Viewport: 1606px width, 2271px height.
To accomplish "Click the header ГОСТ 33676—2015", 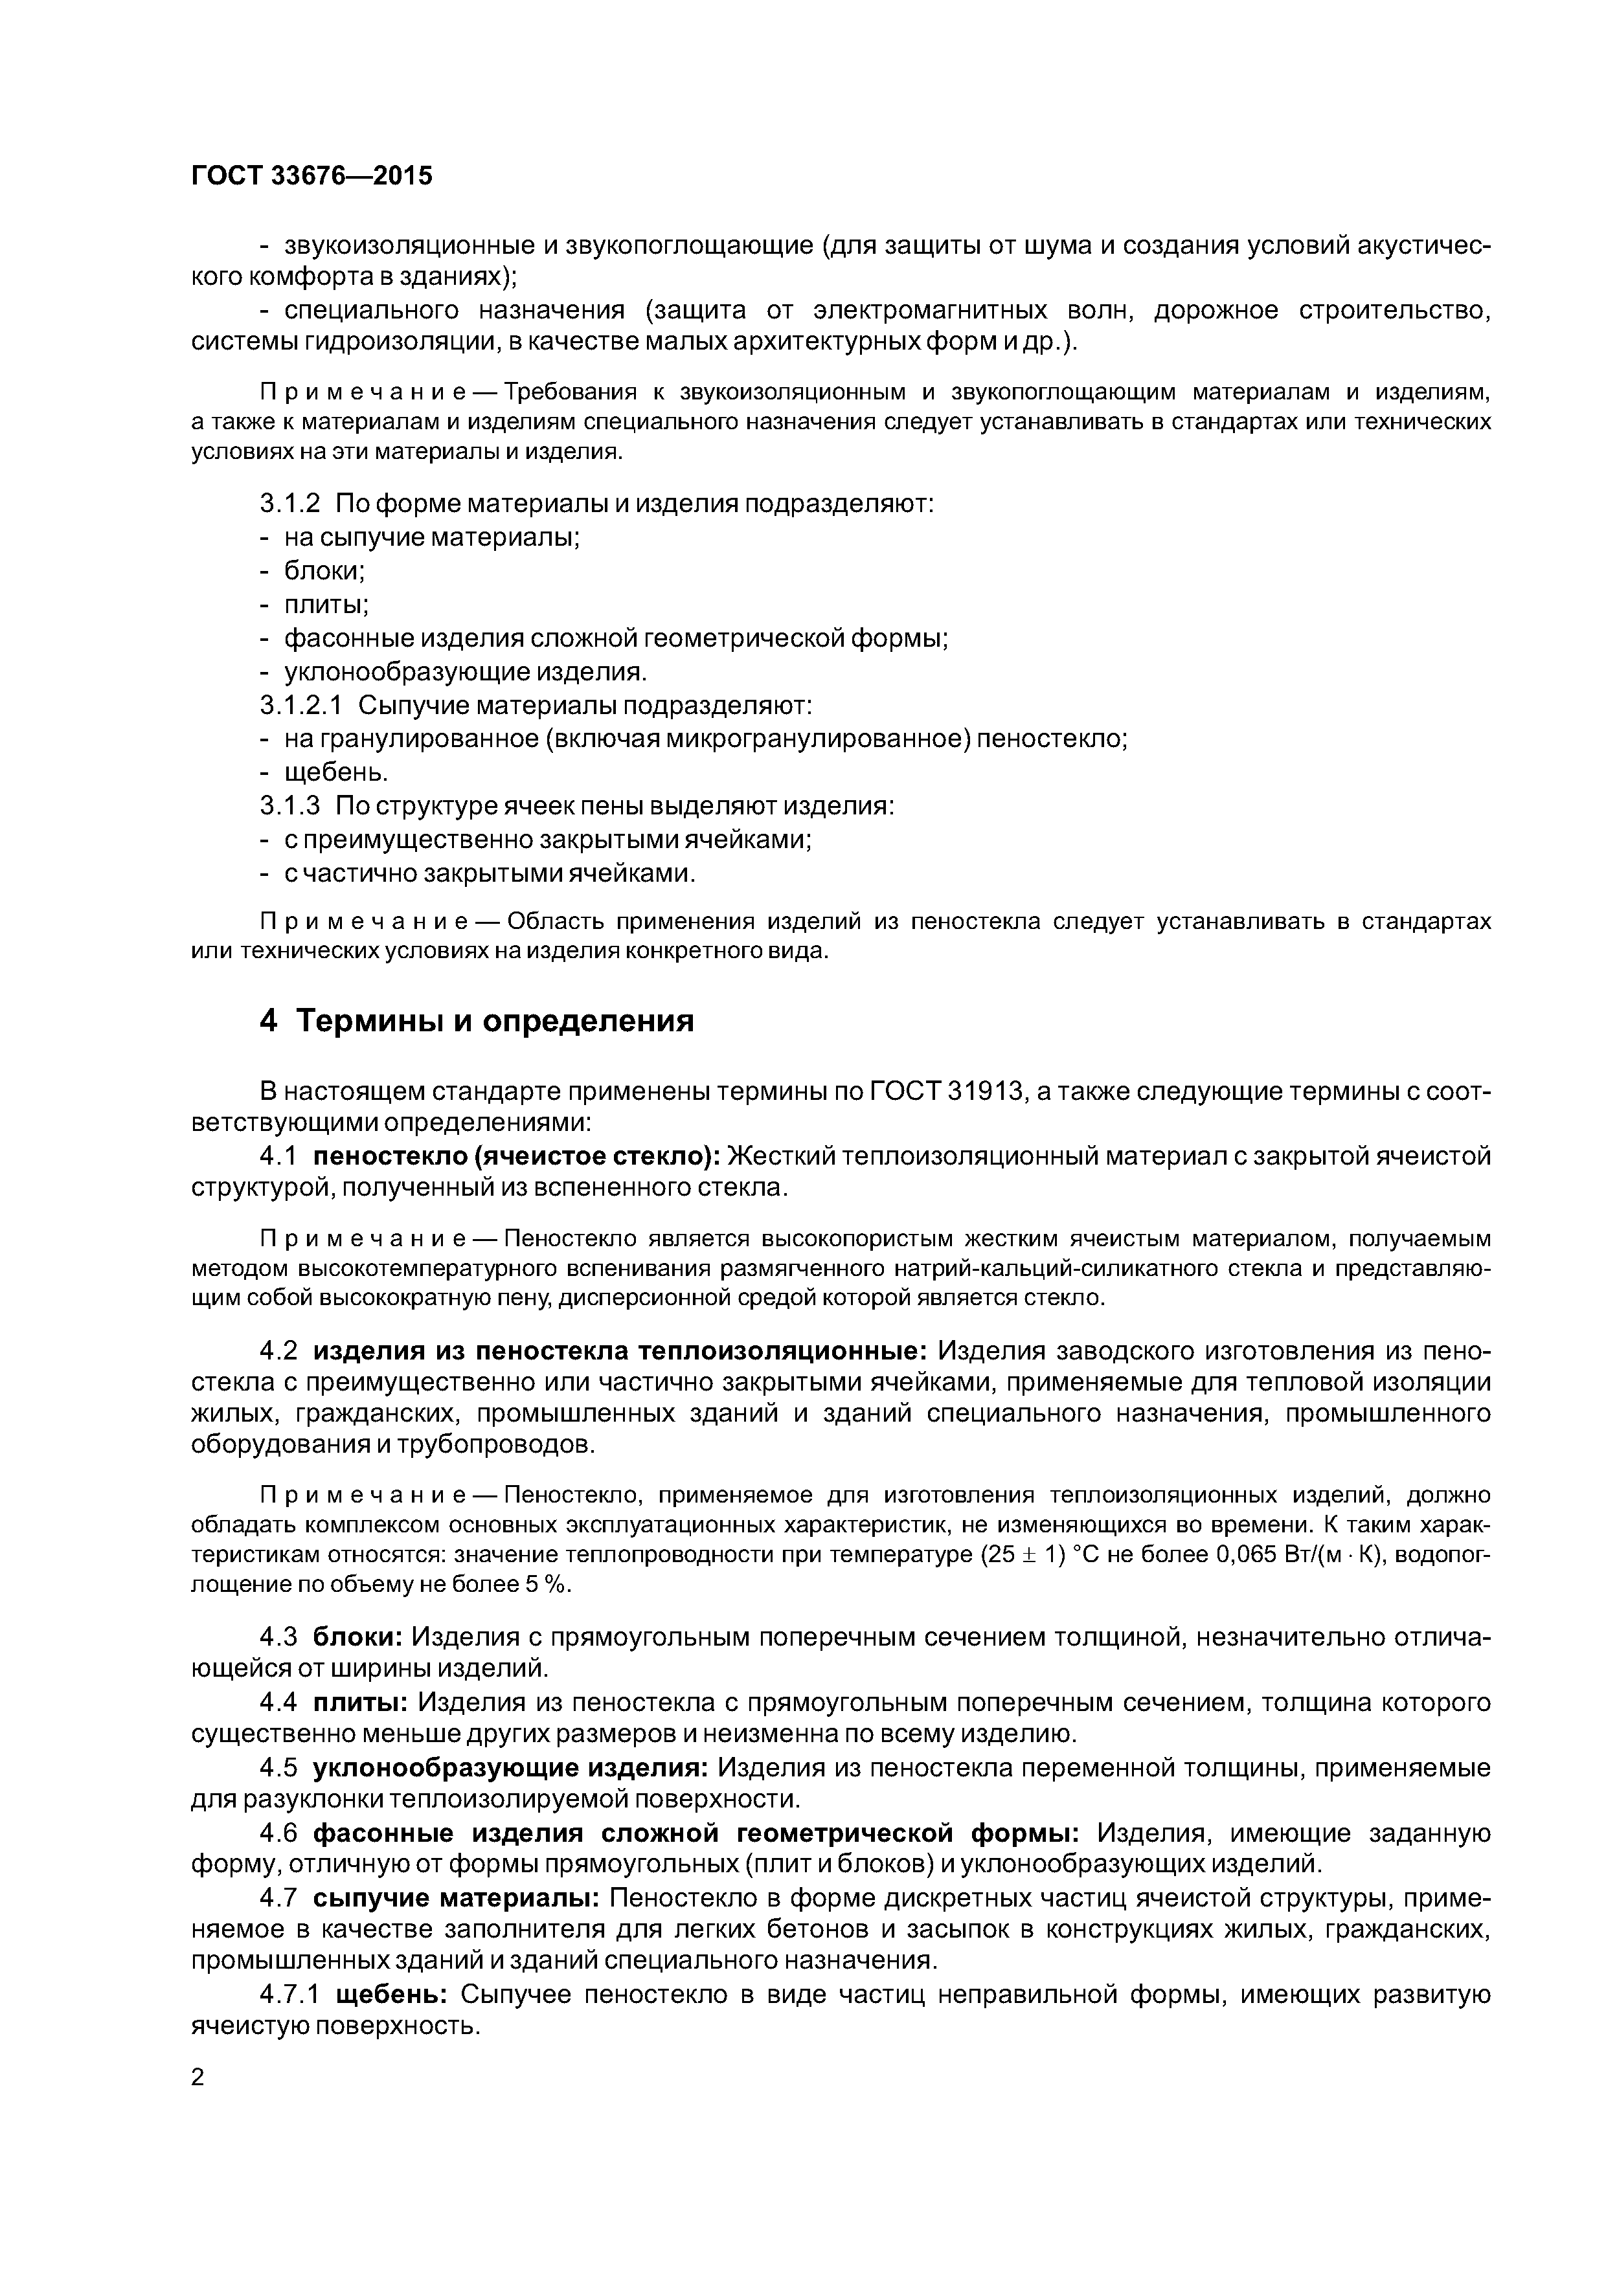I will [311, 176].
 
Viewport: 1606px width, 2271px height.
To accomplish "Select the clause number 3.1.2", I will [290, 504].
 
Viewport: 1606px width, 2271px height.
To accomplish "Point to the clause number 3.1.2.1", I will [301, 705].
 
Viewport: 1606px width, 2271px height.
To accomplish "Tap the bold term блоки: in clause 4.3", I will [358, 1637].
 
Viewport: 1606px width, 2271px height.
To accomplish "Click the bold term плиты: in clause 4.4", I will [361, 1702].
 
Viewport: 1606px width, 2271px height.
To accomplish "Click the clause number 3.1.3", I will [290, 806].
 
